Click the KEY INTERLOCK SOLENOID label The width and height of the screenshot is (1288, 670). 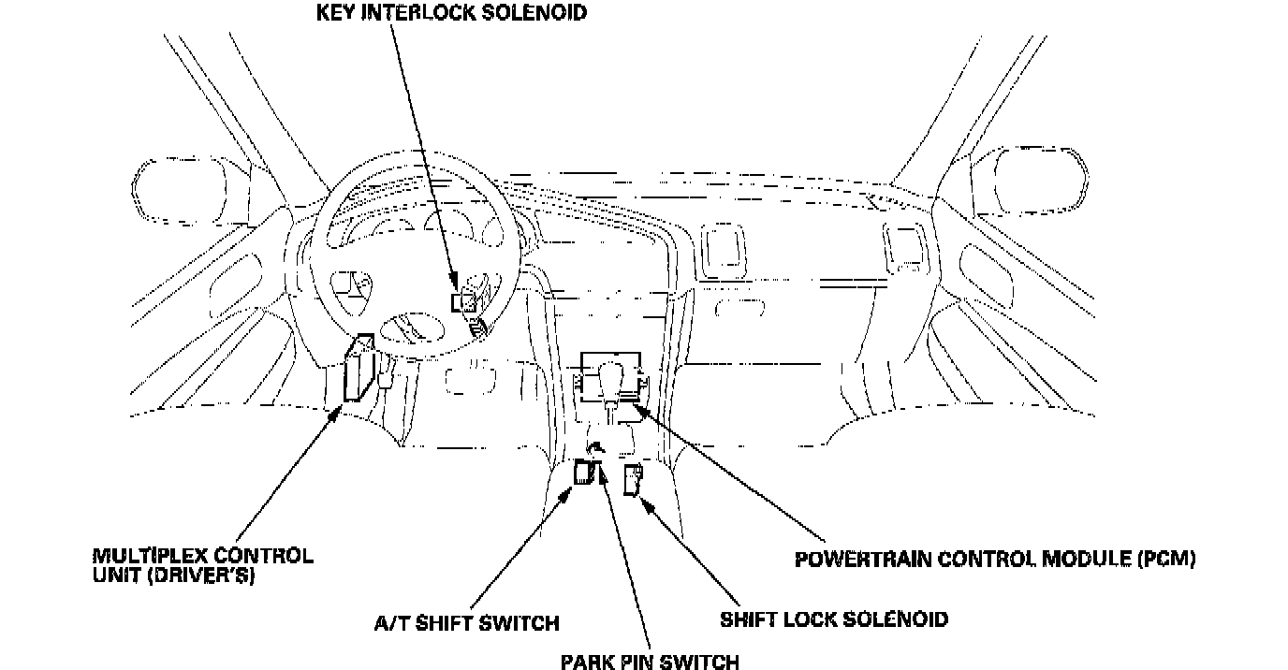click(452, 13)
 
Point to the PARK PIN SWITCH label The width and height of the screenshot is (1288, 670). click(650, 663)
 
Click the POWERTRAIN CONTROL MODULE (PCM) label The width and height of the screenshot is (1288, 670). click(995, 560)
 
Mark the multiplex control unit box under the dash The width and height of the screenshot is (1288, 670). click(359, 369)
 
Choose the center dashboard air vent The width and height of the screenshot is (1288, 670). click(722, 249)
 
